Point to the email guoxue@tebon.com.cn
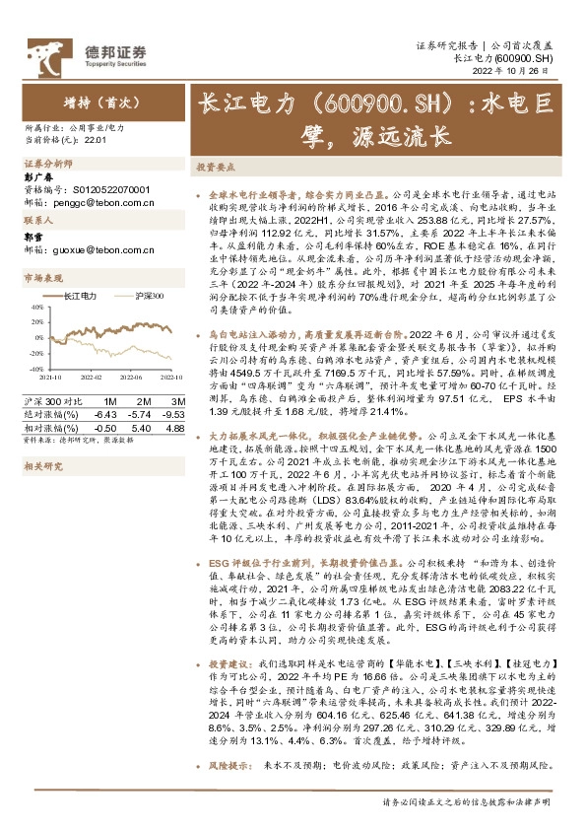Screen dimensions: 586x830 coord(98,250)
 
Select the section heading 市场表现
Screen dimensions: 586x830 coord(42,279)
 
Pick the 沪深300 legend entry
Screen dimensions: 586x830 coord(150,296)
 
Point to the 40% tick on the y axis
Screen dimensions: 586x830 coord(35,308)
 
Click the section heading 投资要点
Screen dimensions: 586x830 coord(216,169)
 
